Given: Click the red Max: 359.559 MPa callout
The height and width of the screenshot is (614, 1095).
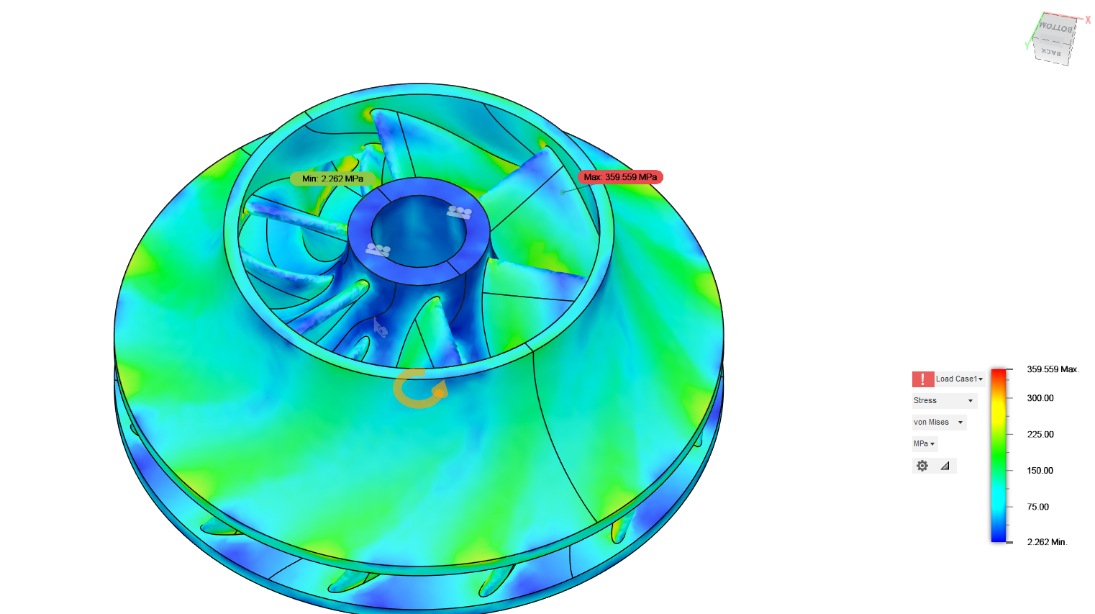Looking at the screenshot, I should (619, 177).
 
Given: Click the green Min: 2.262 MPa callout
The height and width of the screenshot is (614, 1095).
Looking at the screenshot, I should (332, 179).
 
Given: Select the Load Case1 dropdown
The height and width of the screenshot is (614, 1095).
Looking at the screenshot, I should (959, 379).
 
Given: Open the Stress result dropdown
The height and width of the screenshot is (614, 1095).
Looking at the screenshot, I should (943, 400).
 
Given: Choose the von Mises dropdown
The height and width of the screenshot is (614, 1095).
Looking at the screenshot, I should (938, 422).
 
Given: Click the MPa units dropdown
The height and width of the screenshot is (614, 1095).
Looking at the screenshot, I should (924, 443).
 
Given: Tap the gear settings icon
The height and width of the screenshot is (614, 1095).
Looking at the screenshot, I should (922, 466).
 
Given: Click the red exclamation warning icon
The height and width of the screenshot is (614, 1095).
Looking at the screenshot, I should (922, 379).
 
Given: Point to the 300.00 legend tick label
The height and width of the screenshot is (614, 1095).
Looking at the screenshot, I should (1040, 398).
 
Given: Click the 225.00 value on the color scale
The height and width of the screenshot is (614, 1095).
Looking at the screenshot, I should (1040, 434).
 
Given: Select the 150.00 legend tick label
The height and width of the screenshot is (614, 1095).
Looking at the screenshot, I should (1040, 470).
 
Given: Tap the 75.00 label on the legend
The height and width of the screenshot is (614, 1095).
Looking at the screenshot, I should (1037, 507).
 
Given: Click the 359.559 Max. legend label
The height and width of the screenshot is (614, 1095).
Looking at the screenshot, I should (1052, 369).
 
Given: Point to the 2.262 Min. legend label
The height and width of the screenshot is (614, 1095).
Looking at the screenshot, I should (1046, 542).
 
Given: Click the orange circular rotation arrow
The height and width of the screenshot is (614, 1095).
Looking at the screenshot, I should (420, 389).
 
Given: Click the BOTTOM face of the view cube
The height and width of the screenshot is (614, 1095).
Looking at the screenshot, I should (1056, 27).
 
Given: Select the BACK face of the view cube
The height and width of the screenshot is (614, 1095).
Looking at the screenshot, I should (1051, 53).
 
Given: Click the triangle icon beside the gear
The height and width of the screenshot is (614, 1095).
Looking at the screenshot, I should (945, 466).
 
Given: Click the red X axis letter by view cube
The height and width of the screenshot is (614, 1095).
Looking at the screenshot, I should (1088, 20).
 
